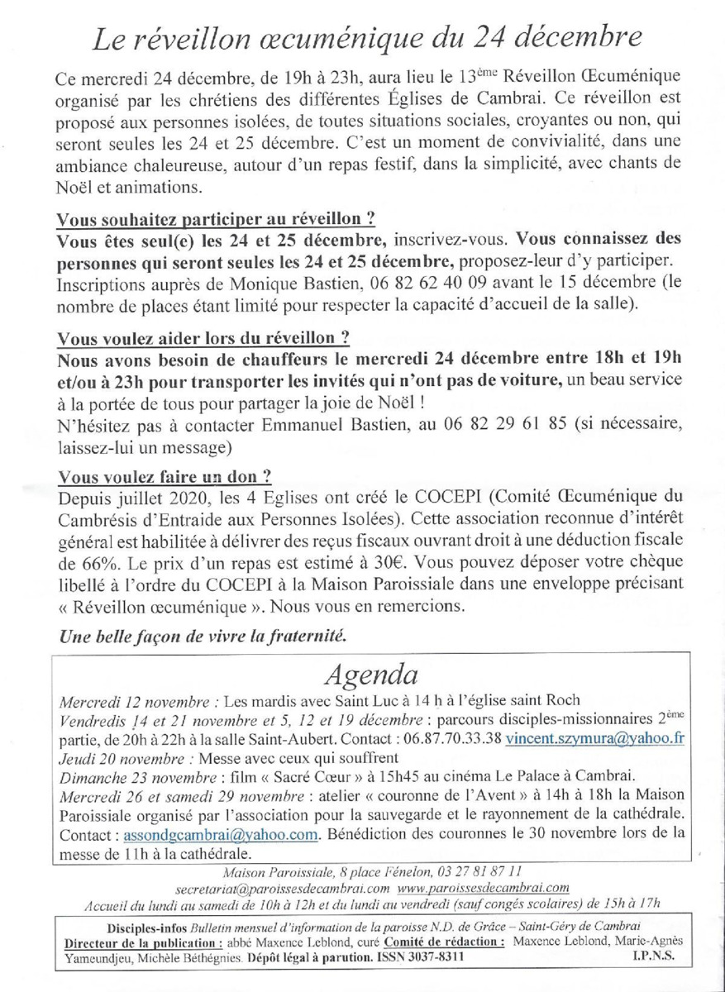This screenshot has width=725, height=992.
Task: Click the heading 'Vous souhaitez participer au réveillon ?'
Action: click(x=216, y=220)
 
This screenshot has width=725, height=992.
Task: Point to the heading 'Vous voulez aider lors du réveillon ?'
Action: click(x=203, y=339)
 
